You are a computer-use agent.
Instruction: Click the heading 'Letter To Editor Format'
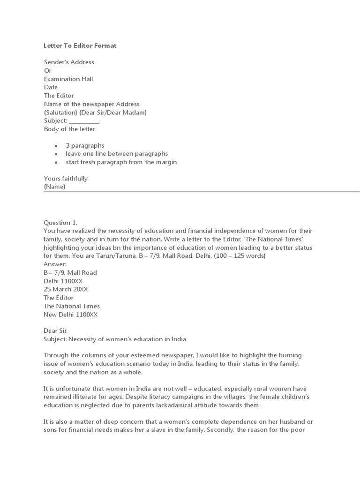tap(80, 45)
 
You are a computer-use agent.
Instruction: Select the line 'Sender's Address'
tap(69, 62)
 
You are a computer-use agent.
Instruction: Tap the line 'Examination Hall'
tap(68, 79)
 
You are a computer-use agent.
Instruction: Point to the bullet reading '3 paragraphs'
tap(85, 145)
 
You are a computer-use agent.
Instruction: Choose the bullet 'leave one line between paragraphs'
tap(117, 154)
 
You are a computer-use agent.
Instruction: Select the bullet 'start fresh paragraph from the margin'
tap(121, 162)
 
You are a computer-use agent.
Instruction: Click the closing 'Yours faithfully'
tap(66, 179)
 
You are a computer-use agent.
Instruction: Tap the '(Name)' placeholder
tap(54, 187)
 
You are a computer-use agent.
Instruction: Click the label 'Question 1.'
tap(60, 223)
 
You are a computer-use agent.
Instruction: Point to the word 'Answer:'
tap(55, 264)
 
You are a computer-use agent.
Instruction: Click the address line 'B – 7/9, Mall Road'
tap(70, 272)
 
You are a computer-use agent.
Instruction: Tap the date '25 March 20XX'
tap(66, 289)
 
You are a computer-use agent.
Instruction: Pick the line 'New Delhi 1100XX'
tap(71, 315)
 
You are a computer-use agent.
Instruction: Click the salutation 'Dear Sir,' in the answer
tap(56, 331)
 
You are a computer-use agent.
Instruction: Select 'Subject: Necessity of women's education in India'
tap(115, 339)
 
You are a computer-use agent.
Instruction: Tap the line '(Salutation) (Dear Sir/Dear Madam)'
tap(95, 112)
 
